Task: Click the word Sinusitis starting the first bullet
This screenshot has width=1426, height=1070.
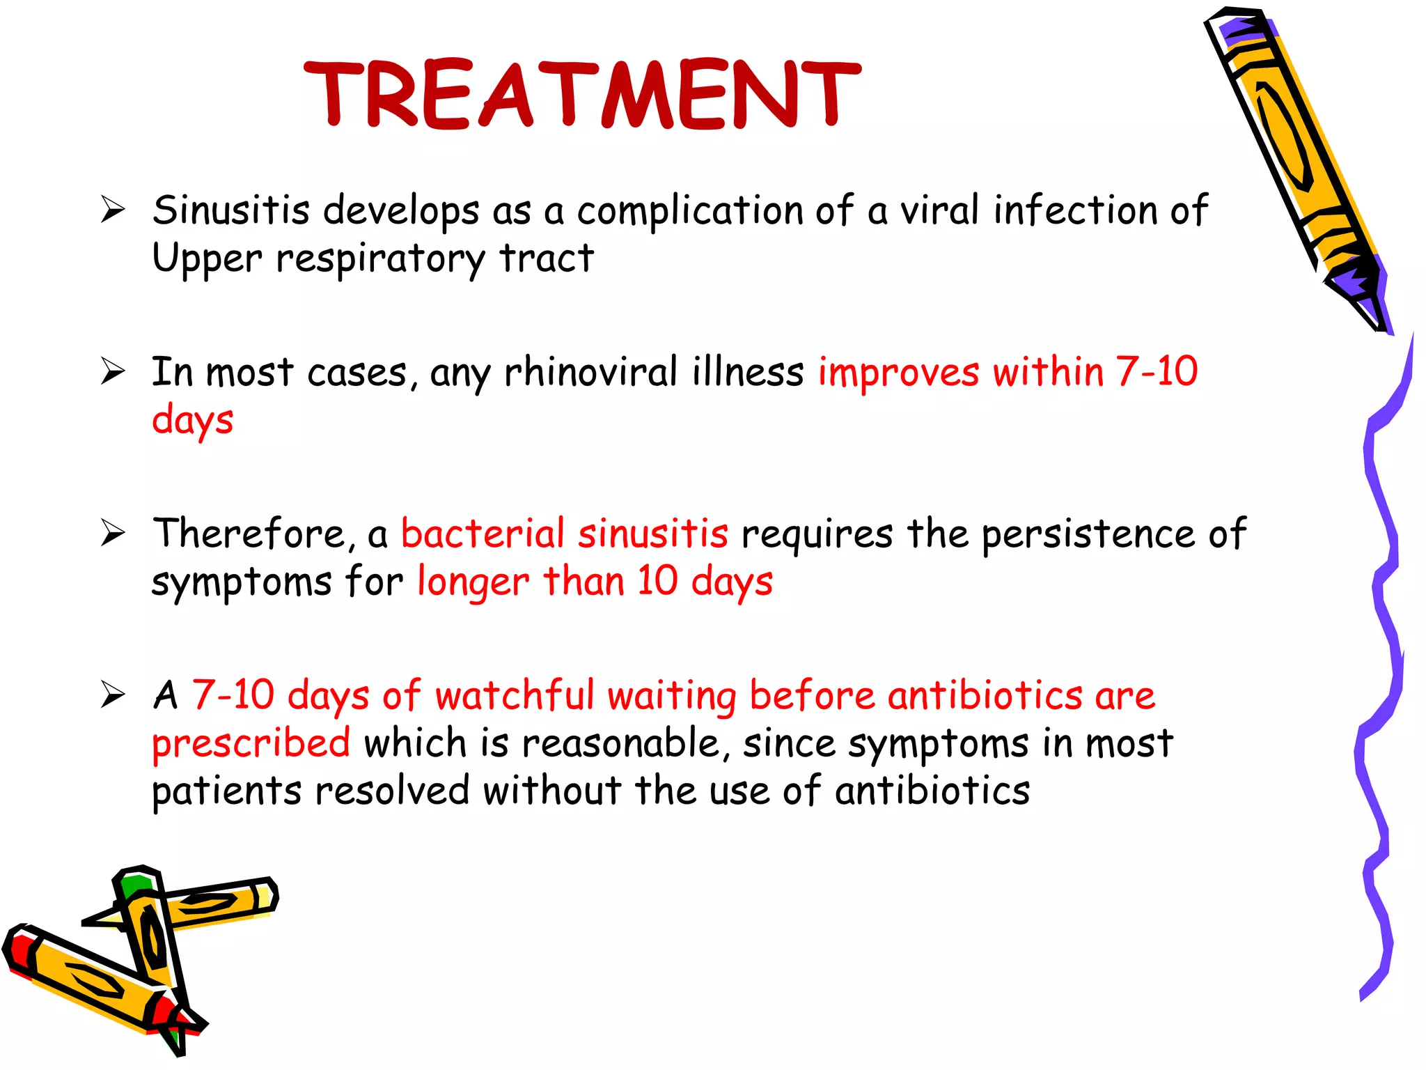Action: click(x=230, y=210)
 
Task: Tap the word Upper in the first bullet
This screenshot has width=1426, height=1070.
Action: click(x=207, y=258)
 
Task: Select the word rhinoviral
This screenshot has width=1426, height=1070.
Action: click(x=590, y=372)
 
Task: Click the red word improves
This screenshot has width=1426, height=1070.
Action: click(x=898, y=372)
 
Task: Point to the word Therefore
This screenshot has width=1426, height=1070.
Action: click(x=249, y=534)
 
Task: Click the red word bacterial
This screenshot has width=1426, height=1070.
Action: click(x=482, y=534)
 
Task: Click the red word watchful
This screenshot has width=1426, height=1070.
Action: click(x=514, y=696)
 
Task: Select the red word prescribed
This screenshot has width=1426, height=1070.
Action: click(x=251, y=743)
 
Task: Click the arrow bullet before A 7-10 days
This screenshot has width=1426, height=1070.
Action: click(x=112, y=695)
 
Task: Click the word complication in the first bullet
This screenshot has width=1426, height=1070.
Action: click(x=689, y=210)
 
